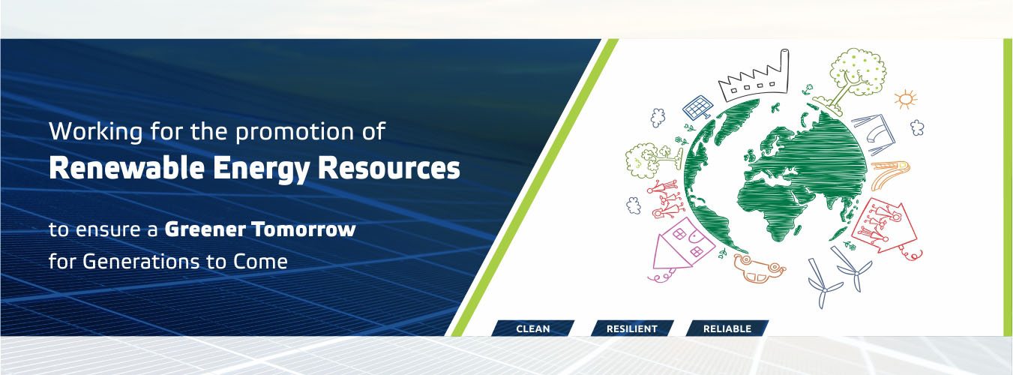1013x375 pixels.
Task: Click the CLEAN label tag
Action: (x=532, y=328)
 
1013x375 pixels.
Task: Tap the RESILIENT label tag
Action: (x=632, y=328)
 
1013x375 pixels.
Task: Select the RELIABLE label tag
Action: (x=727, y=328)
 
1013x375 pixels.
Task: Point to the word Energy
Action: (x=262, y=169)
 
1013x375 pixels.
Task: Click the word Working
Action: (x=96, y=132)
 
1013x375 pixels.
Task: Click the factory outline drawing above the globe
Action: (x=755, y=76)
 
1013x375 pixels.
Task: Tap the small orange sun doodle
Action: (x=905, y=99)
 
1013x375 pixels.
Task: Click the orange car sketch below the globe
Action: (x=759, y=268)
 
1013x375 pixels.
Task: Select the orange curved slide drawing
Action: (x=889, y=172)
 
